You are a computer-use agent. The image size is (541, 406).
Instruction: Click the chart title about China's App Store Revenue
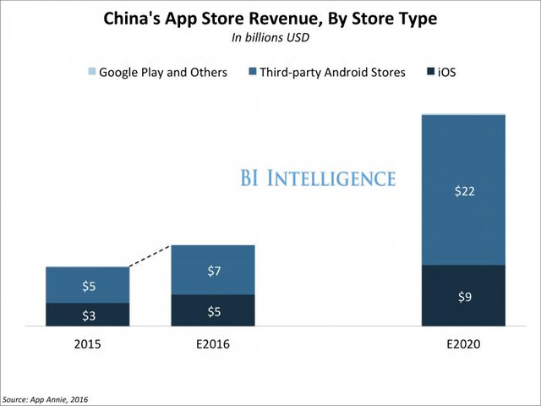(x=270, y=19)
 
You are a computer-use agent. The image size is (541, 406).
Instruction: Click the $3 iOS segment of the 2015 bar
(x=88, y=315)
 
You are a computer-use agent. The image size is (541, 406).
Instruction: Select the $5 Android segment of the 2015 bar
(x=88, y=285)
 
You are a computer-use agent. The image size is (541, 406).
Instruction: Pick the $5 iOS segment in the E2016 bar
(x=212, y=310)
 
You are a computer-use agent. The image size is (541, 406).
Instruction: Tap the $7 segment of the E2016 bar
(x=212, y=270)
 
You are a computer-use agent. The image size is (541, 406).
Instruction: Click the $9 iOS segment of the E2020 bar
(x=463, y=295)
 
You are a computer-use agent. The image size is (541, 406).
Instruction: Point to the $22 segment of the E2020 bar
(x=463, y=190)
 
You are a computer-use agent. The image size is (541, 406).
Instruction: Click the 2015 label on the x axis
(x=88, y=345)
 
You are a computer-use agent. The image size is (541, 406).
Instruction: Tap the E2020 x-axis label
(x=463, y=345)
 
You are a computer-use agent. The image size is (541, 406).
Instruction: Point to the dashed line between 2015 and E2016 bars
(x=150, y=256)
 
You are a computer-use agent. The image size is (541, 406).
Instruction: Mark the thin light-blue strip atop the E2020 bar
(x=463, y=113)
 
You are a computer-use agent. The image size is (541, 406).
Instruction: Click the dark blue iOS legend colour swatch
(x=430, y=72)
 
